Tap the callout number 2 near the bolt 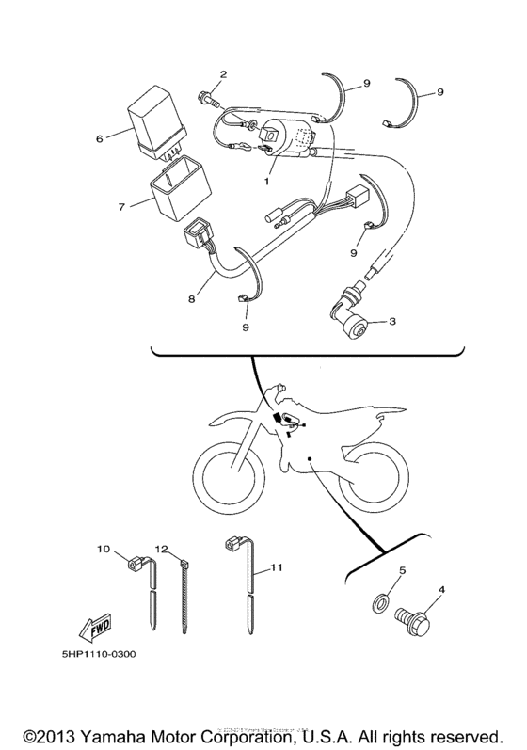(223, 73)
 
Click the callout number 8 (191, 300)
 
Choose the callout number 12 (161, 549)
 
